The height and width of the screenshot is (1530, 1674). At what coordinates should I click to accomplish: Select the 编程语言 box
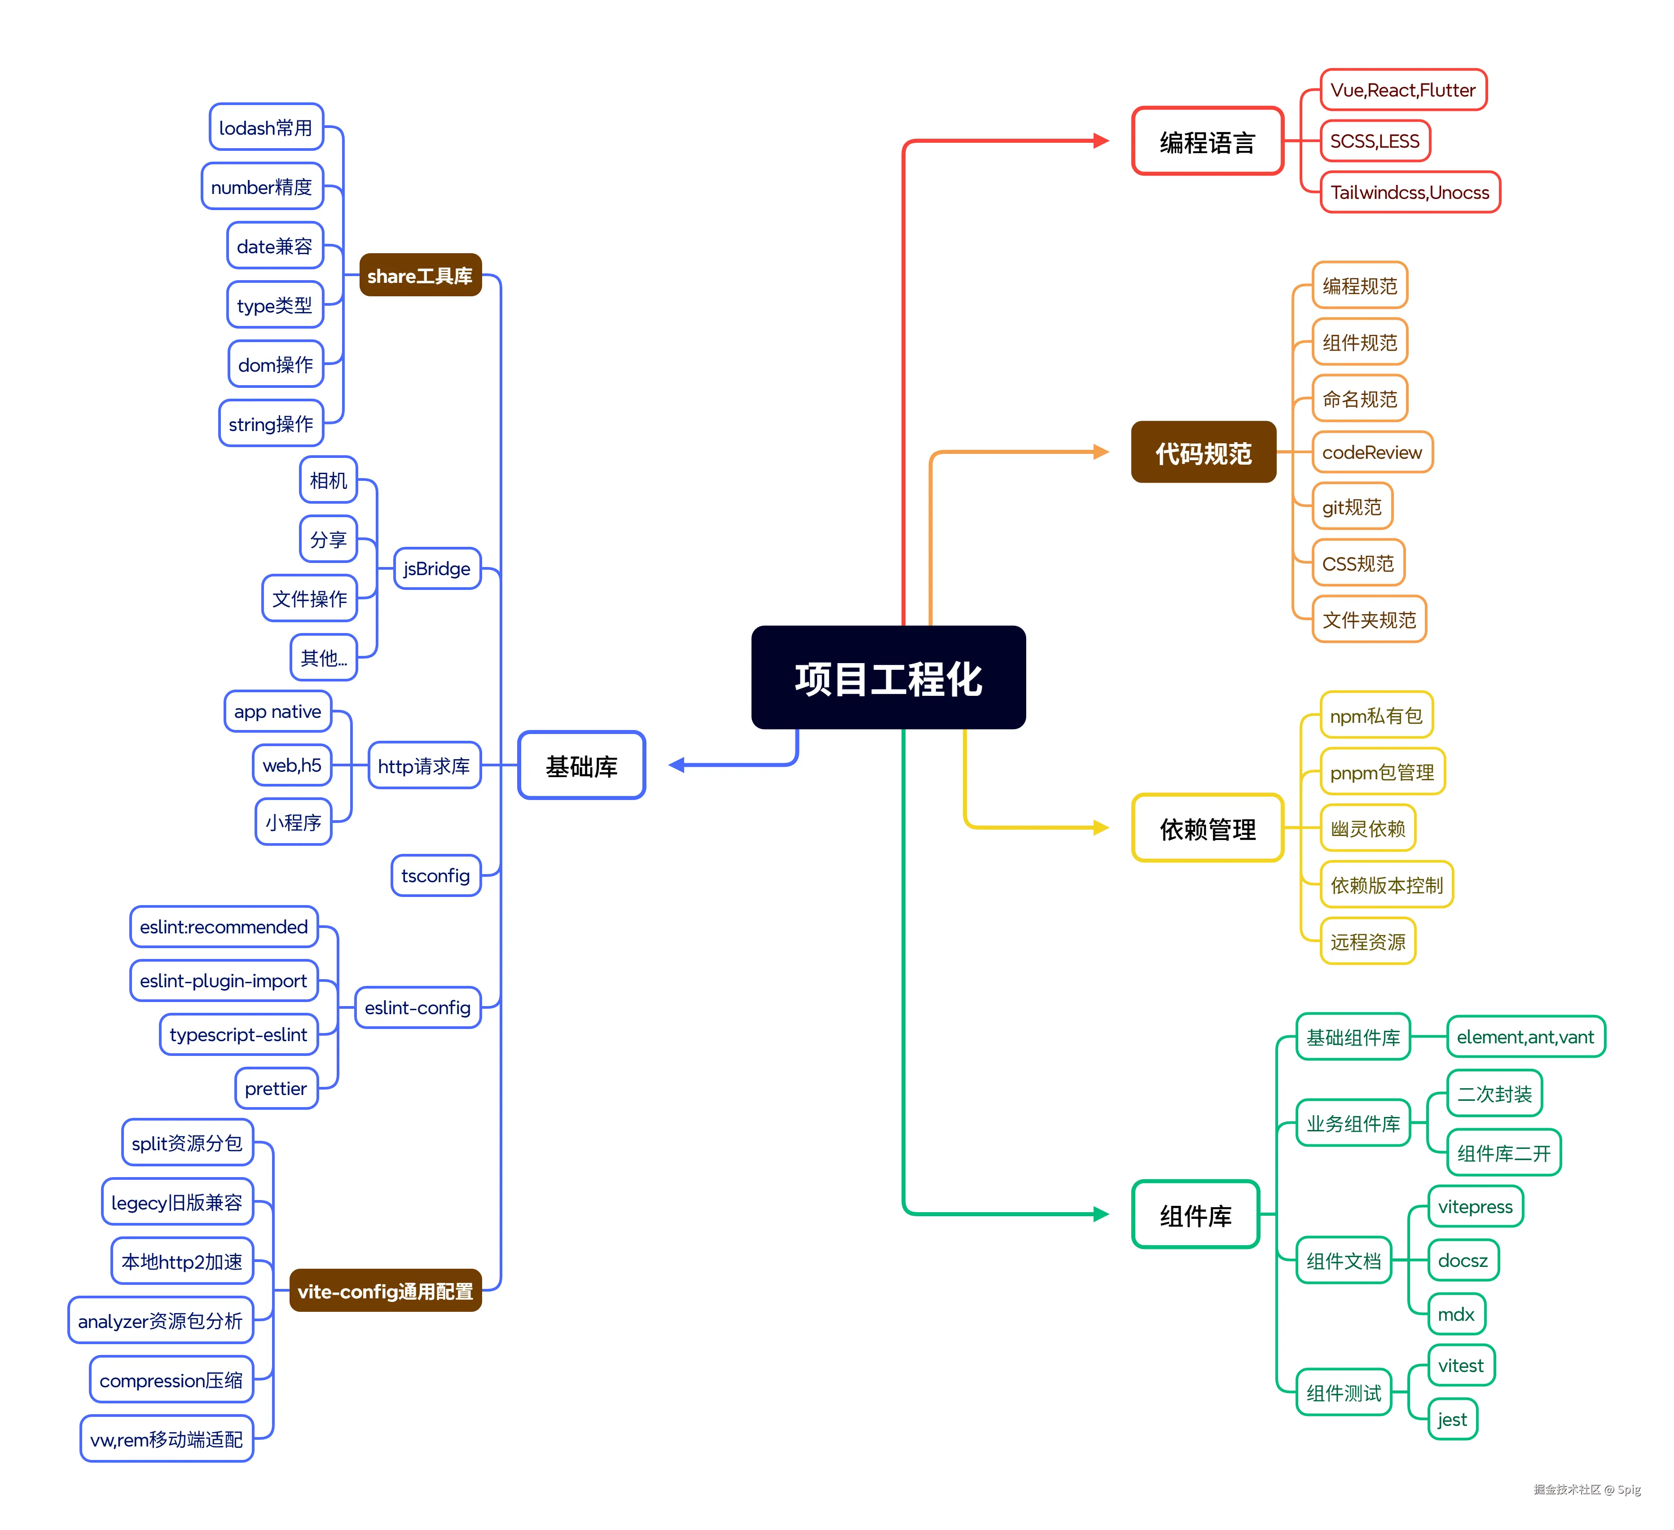click(1207, 142)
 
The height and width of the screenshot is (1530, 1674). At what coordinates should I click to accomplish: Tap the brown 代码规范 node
click(1203, 453)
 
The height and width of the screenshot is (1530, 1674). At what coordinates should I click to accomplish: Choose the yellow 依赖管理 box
click(1207, 828)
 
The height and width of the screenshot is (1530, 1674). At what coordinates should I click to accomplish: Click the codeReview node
click(1372, 453)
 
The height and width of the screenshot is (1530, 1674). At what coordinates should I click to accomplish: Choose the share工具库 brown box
click(420, 276)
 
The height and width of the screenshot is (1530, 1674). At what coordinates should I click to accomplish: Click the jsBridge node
click(437, 569)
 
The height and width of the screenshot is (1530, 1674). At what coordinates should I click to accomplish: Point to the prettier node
click(276, 1088)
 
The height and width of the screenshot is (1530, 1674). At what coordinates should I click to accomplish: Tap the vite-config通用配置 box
click(385, 1291)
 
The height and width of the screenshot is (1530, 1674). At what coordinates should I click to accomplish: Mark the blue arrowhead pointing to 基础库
click(677, 765)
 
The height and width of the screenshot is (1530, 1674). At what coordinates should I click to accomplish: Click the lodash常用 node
click(266, 128)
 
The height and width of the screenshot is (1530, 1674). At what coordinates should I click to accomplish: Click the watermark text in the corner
click(1586, 1489)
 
